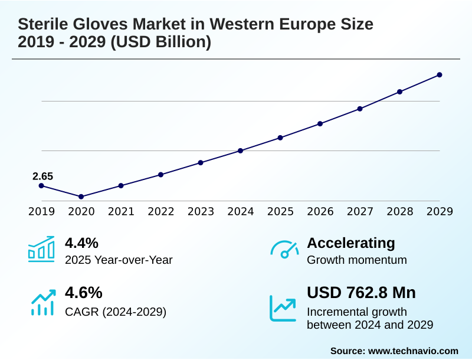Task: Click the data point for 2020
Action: [81, 197]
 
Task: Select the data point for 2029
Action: [440, 75]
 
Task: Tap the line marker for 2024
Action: [241, 150]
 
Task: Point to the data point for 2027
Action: [360, 109]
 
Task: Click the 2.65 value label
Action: [42, 176]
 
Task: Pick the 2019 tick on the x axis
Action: [41, 212]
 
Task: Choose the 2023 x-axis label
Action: [201, 212]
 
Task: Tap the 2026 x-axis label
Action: [320, 212]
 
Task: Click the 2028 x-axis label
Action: [400, 212]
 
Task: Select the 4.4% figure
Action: [81, 243]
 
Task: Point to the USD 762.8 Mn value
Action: [361, 293]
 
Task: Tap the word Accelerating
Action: [351, 243]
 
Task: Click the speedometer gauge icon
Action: [284, 249]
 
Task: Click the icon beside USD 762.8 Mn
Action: [283, 307]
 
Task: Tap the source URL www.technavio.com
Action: [413, 351]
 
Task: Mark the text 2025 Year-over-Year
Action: [119, 260]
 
